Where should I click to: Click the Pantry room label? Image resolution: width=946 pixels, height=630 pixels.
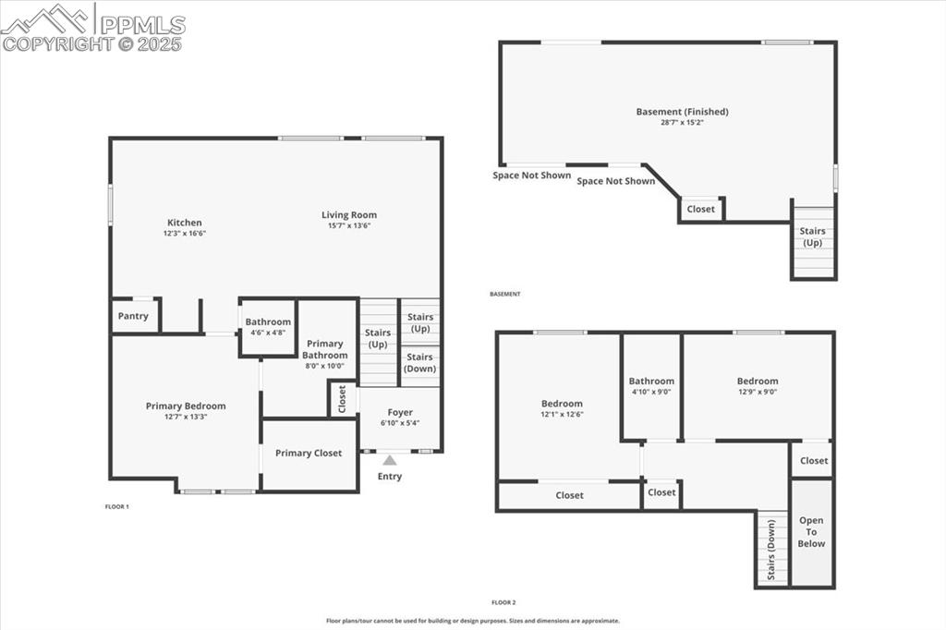tap(133, 316)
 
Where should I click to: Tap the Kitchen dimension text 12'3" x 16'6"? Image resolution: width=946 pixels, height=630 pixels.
tap(184, 234)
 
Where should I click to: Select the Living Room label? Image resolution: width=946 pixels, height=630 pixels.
tap(349, 215)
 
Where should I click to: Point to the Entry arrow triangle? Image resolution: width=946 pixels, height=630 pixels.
tap(390, 460)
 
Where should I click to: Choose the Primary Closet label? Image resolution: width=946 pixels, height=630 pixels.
tap(309, 454)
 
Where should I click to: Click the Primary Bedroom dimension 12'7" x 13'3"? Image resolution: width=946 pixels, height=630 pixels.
tap(186, 417)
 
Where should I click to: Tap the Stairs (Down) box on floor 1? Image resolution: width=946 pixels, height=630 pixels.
tap(419, 363)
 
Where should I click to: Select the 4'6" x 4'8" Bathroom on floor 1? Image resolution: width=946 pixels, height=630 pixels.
tap(268, 328)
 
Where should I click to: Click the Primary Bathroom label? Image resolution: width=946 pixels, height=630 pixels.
tap(325, 349)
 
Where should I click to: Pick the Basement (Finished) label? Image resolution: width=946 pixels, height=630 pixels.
tap(682, 112)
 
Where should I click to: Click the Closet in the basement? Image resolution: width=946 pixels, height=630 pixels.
tap(700, 209)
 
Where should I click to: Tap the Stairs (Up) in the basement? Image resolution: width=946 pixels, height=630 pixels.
tap(812, 237)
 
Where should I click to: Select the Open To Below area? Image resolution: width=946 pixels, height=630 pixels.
tap(812, 532)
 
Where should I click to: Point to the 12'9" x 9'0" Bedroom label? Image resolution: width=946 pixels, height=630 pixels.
tap(758, 381)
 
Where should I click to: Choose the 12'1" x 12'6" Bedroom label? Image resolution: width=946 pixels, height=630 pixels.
tap(562, 404)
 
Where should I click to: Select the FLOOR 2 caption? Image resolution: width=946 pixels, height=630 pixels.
tap(503, 602)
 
